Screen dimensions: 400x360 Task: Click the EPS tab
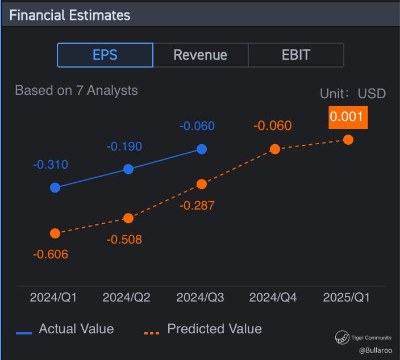tap(105, 55)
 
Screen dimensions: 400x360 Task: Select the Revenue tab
tap(201, 55)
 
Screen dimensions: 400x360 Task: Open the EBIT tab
tap(296, 55)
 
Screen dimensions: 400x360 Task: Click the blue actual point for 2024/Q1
tap(55, 187)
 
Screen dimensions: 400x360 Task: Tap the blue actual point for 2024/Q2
tap(128, 169)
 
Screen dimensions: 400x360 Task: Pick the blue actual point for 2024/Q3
tap(202, 149)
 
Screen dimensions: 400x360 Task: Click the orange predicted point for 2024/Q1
tap(55, 233)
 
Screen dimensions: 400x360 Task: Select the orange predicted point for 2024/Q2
tap(128, 218)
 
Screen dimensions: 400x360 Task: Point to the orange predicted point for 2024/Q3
tap(202, 184)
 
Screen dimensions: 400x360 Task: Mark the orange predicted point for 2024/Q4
tap(275, 149)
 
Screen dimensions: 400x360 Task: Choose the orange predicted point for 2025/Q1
tap(348, 140)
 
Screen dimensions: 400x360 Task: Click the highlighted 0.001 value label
tap(348, 118)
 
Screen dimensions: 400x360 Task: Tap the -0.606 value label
tap(51, 254)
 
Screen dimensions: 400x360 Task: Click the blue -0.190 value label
tap(124, 146)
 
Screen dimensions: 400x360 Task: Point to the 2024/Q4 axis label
tap(273, 298)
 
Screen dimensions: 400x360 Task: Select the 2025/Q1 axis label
tap(346, 298)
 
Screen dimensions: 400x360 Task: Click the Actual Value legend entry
tap(65, 329)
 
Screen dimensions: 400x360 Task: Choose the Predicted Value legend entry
tap(203, 329)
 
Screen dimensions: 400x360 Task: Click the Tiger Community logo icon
tap(342, 337)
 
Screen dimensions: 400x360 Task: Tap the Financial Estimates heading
tap(70, 15)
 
